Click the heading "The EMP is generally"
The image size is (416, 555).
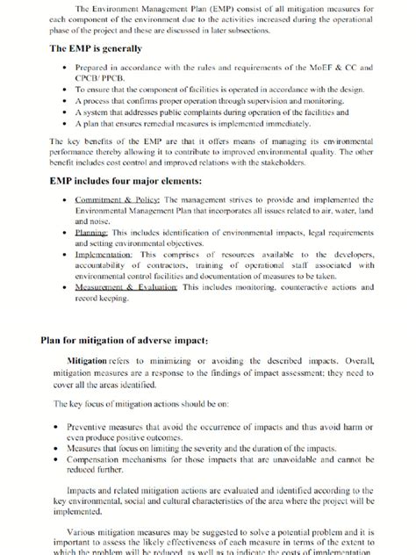[x=96, y=48]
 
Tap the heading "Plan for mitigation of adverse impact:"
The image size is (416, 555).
[x=124, y=340]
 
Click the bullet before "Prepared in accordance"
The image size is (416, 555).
[x=67, y=68]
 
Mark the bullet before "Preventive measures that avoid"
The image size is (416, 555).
[x=57, y=427]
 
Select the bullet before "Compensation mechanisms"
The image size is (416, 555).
[x=57, y=458]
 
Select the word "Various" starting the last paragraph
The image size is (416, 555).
[x=85, y=530]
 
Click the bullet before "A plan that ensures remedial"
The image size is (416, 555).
[x=67, y=124]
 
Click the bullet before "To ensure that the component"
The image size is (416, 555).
[x=67, y=90]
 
